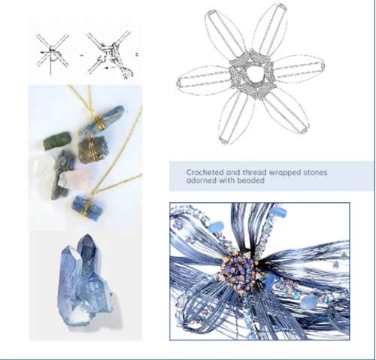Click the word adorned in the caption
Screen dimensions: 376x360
coord(202,180)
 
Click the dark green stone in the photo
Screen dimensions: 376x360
coord(57,141)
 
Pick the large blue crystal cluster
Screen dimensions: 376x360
coord(85,280)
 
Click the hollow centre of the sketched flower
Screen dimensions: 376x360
coord(254,74)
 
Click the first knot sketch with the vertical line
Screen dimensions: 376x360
coord(52,54)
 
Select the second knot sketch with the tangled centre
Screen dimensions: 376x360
coord(111,54)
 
